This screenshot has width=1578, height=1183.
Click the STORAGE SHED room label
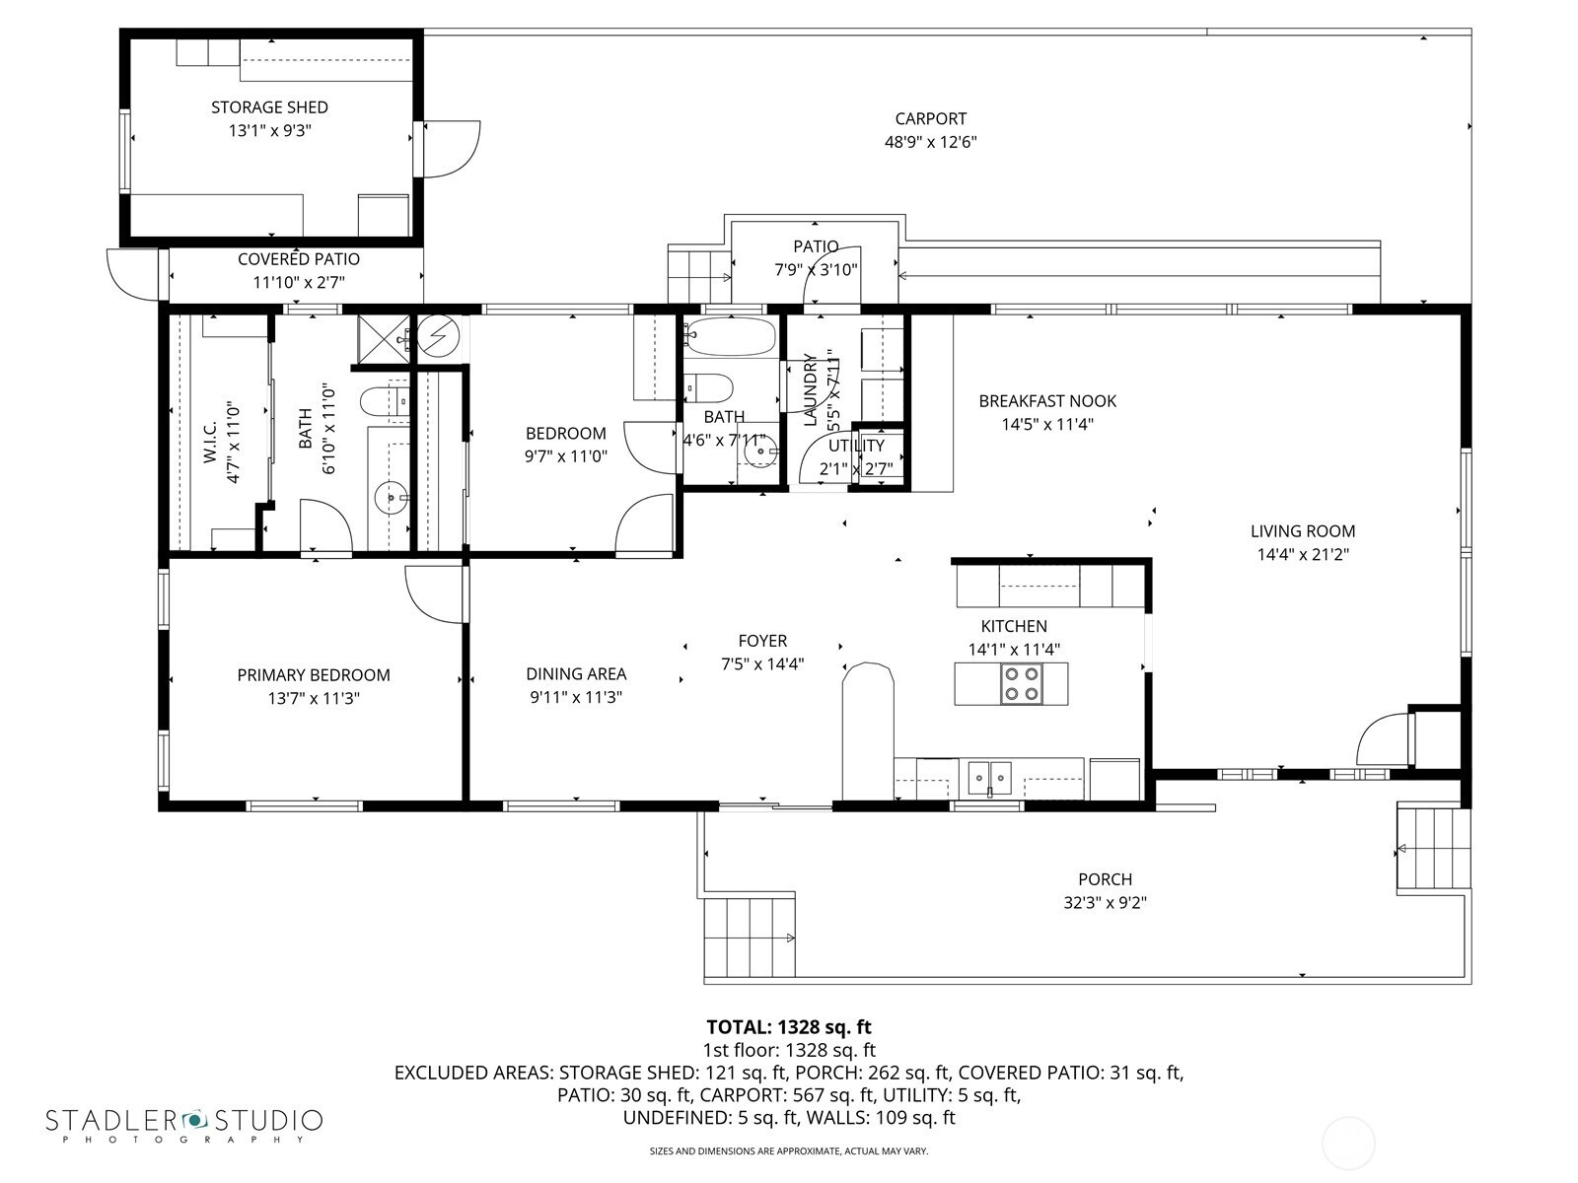tap(269, 107)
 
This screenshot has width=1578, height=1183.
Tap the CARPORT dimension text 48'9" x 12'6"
tap(930, 142)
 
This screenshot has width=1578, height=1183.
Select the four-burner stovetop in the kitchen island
tap(1022, 684)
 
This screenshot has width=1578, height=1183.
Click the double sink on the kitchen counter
tap(990, 777)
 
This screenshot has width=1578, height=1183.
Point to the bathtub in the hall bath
tap(730, 335)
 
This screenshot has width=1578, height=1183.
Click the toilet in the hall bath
tap(708, 388)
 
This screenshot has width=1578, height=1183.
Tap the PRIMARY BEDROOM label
tap(314, 675)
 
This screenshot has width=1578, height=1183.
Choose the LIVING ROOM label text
tap(1303, 531)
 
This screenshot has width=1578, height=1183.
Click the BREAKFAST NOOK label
tap(1047, 401)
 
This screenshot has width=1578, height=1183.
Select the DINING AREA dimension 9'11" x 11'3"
tap(576, 697)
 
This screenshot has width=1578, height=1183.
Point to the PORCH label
tap(1105, 879)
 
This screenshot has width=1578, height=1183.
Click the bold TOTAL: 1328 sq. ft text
tap(789, 1027)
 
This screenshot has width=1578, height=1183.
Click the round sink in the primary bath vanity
tap(392, 497)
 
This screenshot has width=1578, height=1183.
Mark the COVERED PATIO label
tap(299, 259)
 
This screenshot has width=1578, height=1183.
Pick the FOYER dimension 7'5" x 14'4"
tap(762, 664)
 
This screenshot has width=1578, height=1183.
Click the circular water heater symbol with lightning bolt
tap(438, 335)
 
